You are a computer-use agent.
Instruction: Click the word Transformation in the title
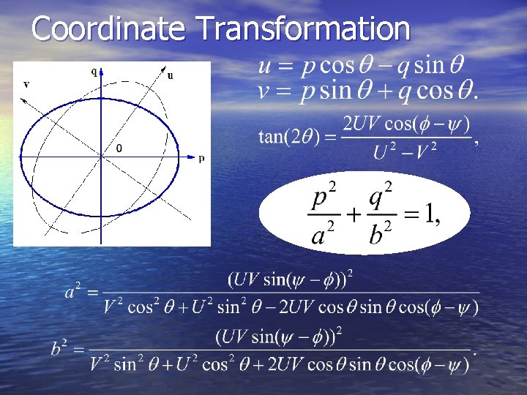pos(304,29)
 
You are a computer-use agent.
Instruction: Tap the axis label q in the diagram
pos(94,72)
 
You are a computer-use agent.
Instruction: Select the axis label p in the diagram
pos(201,157)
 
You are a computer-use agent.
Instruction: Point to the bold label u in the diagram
pos(171,75)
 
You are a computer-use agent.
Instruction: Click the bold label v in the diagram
pos(26,84)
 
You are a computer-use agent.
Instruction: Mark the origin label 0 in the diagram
pos(119,148)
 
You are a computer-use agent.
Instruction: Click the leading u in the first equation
pos(265,67)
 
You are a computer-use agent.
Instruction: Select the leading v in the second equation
pos(265,92)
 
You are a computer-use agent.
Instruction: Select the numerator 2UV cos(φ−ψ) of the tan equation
pos(406,124)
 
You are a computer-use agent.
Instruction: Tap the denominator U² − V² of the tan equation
pos(405,152)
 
